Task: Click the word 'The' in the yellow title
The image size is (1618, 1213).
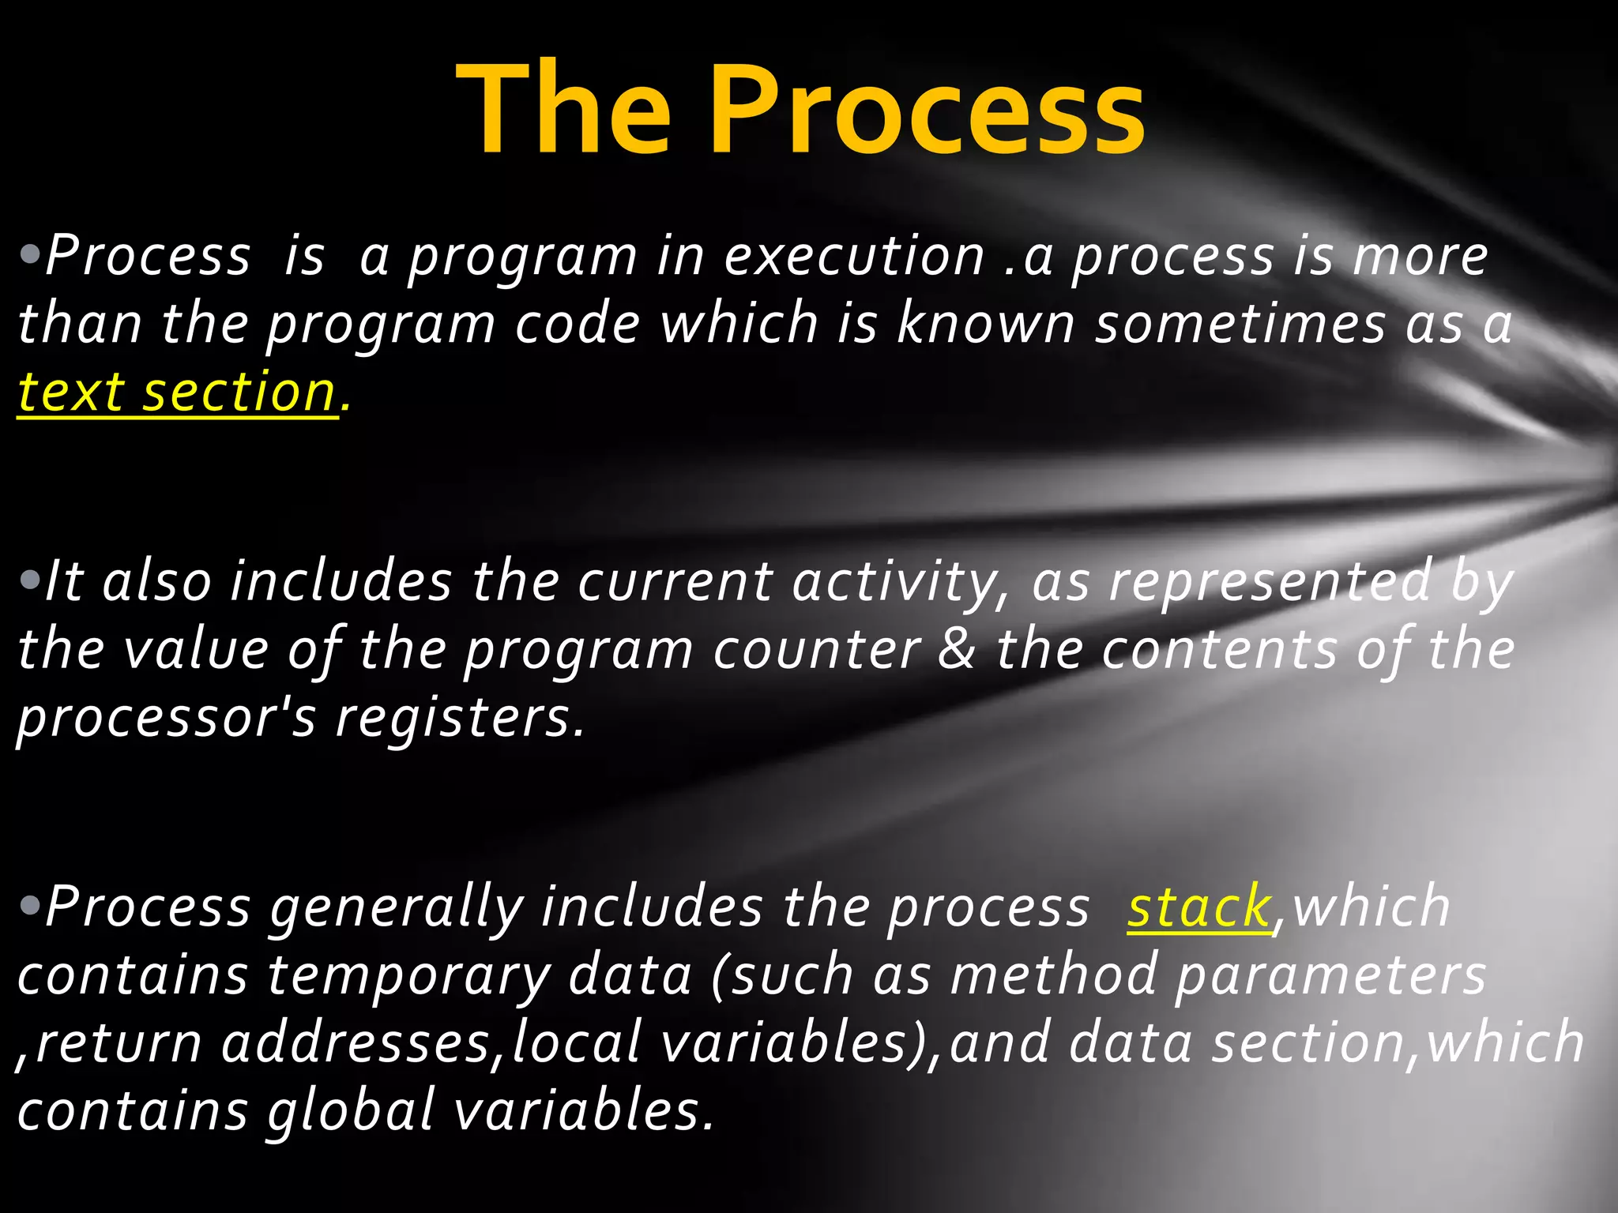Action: (563, 111)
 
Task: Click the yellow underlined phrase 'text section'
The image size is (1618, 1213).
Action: (177, 392)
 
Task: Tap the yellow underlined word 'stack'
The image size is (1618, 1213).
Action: (1198, 908)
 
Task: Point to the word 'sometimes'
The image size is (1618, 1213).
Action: (1239, 325)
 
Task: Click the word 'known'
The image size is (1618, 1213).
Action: (985, 325)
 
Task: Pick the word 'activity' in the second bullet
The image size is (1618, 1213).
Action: (897, 582)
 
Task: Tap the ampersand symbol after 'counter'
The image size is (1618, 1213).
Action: (958, 650)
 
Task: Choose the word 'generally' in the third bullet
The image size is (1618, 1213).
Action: (397, 908)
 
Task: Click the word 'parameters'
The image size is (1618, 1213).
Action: (1330, 976)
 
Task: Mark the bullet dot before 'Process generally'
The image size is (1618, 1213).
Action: (30, 907)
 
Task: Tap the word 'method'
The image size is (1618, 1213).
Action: (1054, 976)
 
